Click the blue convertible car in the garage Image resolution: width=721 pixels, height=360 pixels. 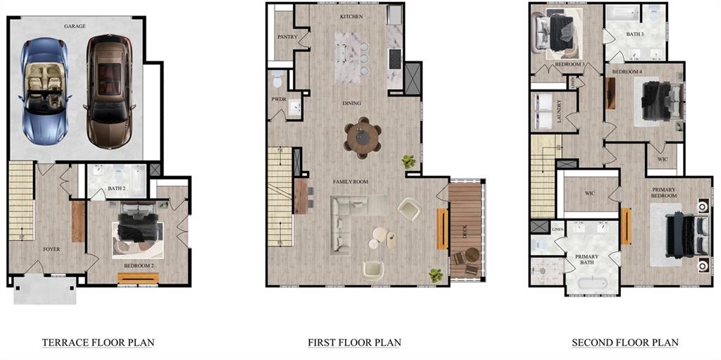click(x=44, y=92)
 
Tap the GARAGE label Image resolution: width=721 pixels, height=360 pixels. click(x=75, y=26)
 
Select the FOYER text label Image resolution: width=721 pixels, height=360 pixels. click(x=51, y=249)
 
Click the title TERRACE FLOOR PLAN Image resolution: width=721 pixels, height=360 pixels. click(x=98, y=343)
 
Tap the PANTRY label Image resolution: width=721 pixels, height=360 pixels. click(x=287, y=37)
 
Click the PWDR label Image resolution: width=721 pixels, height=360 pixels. click(x=278, y=99)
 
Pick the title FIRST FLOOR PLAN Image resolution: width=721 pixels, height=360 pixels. click(x=354, y=343)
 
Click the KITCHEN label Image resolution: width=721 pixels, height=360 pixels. click(x=351, y=15)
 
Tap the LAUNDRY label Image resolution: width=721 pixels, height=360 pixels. click(x=559, y=111)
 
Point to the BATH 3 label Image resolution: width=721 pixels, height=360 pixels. click(x=635, y=34)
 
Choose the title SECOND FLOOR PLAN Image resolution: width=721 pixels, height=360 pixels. click(x=625, y=343)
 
